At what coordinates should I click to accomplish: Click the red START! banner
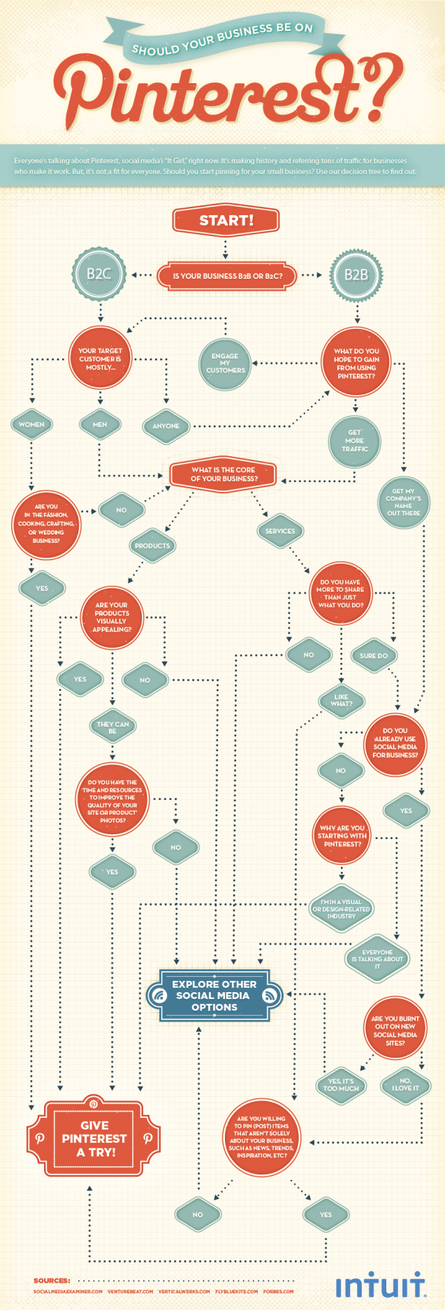point(226,220)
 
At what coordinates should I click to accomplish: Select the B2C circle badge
point(99,274)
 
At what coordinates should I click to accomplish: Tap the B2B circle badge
point(356,275)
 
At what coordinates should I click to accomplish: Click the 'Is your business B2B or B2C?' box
point(228,276)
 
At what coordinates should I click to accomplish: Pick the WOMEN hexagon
point(31,425)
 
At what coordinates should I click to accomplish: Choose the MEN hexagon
point(100,425)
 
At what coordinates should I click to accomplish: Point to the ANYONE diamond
point(166,425)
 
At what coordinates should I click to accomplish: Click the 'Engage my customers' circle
point(225,363)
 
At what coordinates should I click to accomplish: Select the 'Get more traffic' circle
point(354,441)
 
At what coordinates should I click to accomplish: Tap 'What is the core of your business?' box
point(223,474)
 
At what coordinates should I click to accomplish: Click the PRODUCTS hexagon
point(152,546)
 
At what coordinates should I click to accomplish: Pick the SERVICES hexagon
point(280,531)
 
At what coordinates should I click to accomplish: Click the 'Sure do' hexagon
point(374,656)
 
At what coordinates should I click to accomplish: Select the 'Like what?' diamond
point(341,700)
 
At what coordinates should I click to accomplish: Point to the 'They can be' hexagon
point(112,727)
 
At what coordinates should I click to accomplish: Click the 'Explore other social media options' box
point(214,996)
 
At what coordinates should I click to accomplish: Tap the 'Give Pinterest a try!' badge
point(94,1138)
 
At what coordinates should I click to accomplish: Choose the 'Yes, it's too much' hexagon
point(341,1085)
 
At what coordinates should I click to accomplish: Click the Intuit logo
point(381,1285)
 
